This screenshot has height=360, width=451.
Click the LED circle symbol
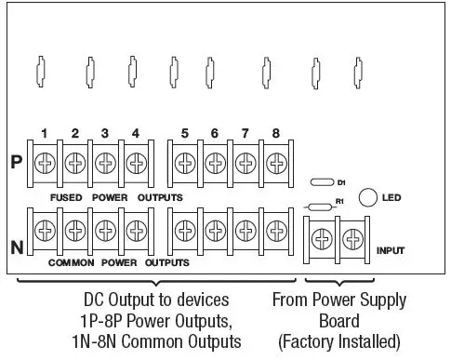click(x=367, y=196)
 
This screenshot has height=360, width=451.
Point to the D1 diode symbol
click(x=321, y=182)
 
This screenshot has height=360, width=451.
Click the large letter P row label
click(x=16, y=159)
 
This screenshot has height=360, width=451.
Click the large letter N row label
click(x=16, y=247)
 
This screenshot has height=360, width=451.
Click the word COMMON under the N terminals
click(x=72, y=263)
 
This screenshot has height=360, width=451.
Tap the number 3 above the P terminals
click(x=105, y=133)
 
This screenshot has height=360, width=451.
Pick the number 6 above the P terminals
click(x=215, y=133)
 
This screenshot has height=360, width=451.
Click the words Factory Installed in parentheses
click(x=339, y=340)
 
